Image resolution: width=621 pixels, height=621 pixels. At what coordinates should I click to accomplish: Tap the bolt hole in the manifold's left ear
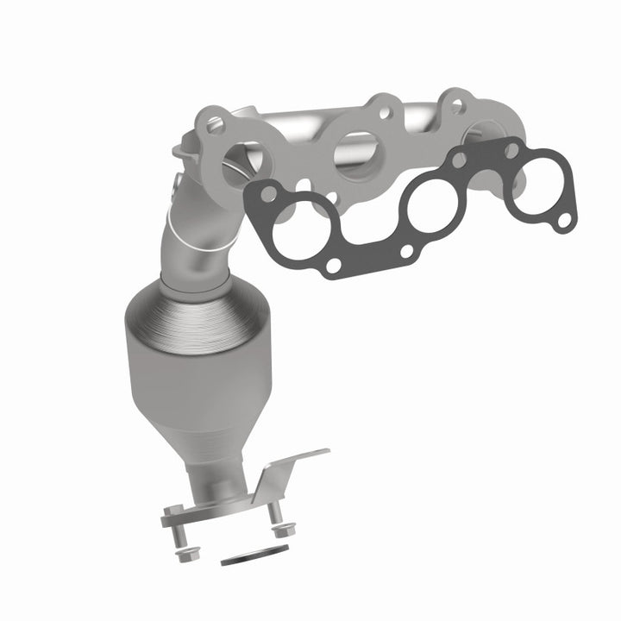pyautogui.click(x=215, y=123)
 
